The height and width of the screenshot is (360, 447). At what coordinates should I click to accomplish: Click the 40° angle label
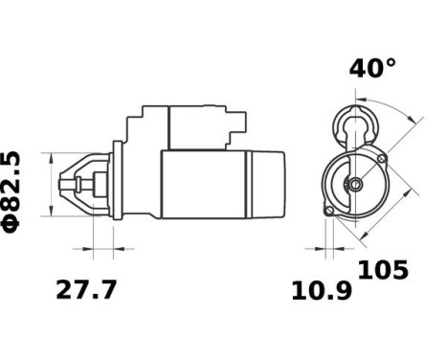(x=371, y=68)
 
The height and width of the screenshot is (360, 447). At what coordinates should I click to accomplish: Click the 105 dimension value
(x=383, y=270)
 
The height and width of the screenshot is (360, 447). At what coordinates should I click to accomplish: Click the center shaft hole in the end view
(x=355, y=184)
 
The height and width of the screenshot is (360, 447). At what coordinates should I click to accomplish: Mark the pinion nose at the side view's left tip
(x=66, y=183)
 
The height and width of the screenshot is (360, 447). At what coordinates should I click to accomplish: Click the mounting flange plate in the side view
(x=117, y=183)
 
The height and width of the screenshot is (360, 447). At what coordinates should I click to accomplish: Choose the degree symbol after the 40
(x=388, y=63)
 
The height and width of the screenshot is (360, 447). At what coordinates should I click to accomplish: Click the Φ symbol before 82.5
(x=12, y=223)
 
